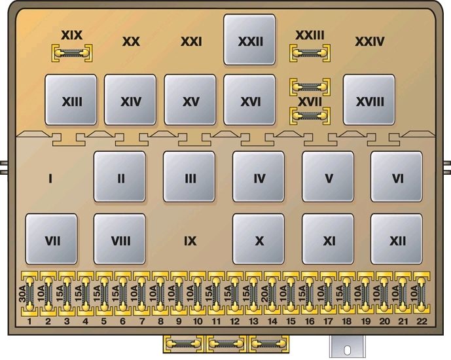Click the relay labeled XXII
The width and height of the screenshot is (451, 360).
(249, 40)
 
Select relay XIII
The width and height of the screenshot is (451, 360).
(71, 99)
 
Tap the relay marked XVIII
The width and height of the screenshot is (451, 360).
(369, 99)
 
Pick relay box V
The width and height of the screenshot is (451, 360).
(328, 177)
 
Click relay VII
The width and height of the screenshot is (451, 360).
(52, 239)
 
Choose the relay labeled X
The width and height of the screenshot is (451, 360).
(259, 239)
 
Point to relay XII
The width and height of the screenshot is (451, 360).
(397, 239)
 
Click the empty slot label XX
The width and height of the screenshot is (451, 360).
(131, 42)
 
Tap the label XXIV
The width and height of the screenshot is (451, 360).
(370, 42)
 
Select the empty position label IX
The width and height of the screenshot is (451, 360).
(190, 241)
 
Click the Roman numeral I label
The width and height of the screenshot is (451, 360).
(50, 179)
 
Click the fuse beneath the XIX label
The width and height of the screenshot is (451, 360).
(72, 53)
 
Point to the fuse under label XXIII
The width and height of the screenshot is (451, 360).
(310, 53)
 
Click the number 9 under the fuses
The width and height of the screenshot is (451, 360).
(179, 321)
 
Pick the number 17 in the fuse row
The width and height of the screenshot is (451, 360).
(328, 321)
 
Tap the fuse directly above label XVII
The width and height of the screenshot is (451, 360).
(310, 86)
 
